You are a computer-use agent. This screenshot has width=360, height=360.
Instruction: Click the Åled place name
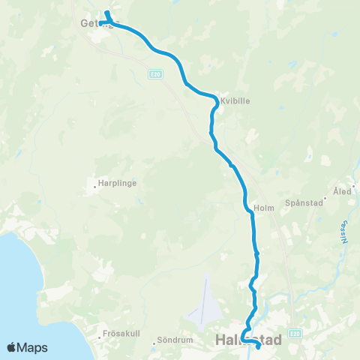click(x=345, y=191)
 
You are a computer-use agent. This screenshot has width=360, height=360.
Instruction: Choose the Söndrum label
click(x=178, y=340)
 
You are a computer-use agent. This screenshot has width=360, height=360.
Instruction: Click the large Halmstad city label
click(x=248, y=340)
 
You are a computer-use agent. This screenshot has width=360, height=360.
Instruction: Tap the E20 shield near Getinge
click(x=154, y=73)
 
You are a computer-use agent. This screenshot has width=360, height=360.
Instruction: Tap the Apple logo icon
click(x=12, y=347)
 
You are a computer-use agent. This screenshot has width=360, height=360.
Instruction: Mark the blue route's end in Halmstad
click(x=258, y=346)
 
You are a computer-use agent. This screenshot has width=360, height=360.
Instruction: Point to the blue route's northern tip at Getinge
click(x=106, y=12)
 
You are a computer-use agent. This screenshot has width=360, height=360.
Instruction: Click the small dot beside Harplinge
click(x=95, y=182)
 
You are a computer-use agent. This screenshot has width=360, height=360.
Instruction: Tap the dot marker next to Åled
click(x=335, y=191)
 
